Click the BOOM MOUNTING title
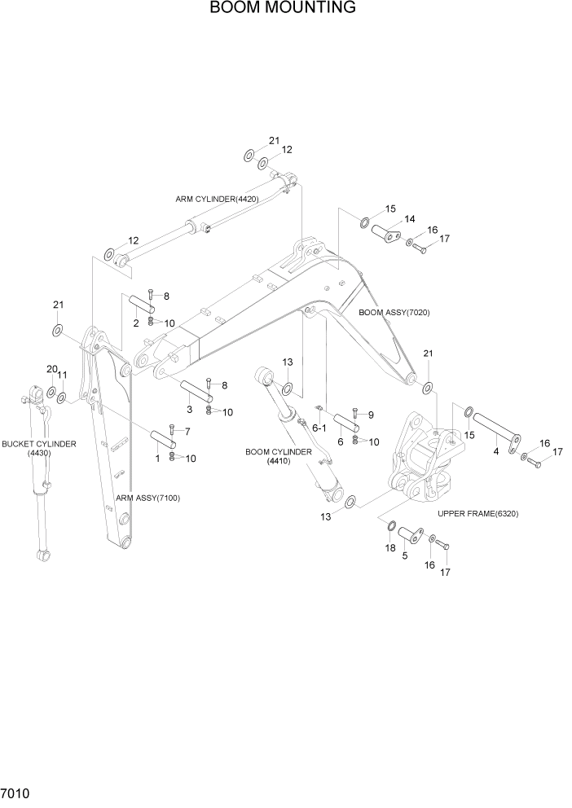(x=283, y=8)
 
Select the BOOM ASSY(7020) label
(x=394, y=313)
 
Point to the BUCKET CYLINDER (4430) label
(x=38, y=449)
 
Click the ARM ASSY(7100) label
(x=147, y=497)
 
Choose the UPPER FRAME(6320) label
(x=477, y=514)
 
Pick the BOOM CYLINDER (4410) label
(x=278, y=456)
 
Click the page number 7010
(x=16, y=793)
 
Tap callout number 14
(x=409, y=218)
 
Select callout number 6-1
(x=318, y=428)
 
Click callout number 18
(x=390, y=550)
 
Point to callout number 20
(x=51, y=369)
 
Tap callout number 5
(x=405, y=557)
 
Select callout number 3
(x=189, y=409)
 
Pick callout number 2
(x=136, y=323)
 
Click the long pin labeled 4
(x=498, y=428)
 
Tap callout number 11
(x=63, y=375)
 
